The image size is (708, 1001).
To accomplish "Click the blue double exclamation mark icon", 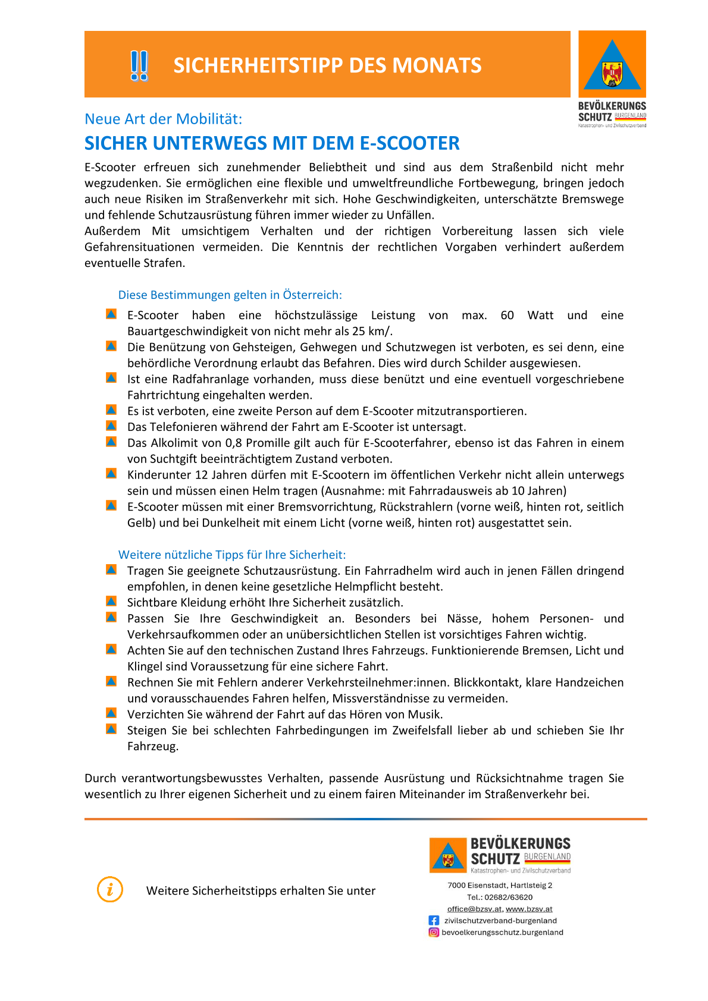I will point(139,65).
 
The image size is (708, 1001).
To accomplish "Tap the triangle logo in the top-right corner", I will point(612,65).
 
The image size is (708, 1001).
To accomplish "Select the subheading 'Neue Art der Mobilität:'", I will point(163,119).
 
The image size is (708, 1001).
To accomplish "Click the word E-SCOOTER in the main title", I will point(410,143).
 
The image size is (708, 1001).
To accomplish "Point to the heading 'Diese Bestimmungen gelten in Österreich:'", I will point(230,295).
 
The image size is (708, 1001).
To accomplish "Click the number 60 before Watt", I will point(507,315).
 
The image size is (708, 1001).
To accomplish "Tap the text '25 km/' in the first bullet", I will point(372,331).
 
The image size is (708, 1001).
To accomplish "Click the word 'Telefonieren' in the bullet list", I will point(183,427).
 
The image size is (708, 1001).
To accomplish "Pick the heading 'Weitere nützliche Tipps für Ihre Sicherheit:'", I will point(231,555).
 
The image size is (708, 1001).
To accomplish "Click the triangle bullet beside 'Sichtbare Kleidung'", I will point(111,602).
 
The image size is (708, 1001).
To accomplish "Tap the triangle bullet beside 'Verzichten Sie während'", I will point(111,713).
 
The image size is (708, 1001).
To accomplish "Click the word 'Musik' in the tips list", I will point(424,714).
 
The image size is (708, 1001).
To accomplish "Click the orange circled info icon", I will point(110,890).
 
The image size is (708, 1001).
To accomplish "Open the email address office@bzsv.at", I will point(474,909).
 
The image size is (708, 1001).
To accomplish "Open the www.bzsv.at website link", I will point(529,909).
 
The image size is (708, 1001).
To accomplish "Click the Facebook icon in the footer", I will point(434,920).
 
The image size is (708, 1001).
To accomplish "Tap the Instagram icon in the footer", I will point(434,932).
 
